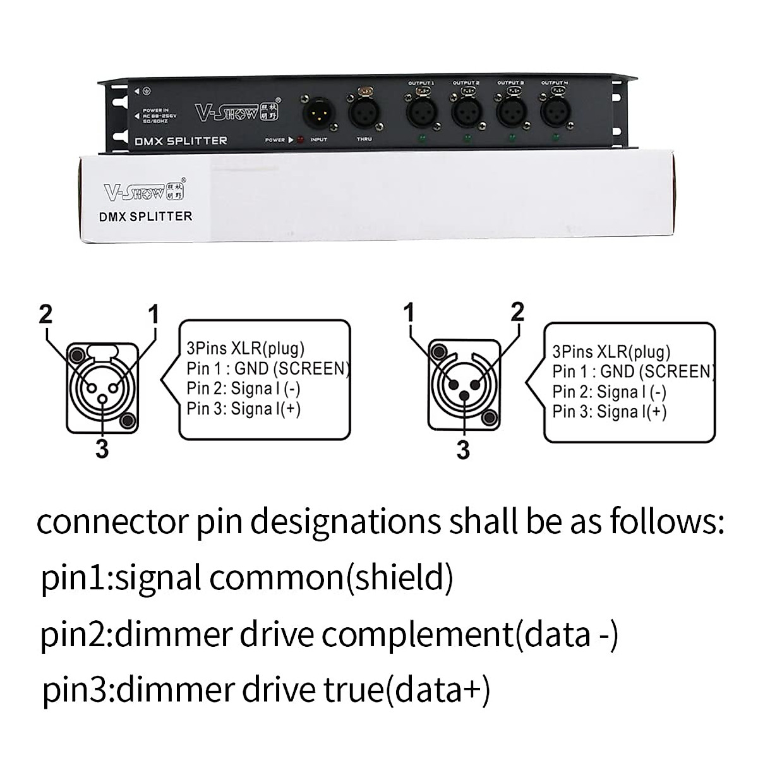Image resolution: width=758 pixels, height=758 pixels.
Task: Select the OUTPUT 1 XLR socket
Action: point(420,112)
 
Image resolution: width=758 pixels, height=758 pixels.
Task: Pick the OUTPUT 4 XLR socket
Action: point(554,112)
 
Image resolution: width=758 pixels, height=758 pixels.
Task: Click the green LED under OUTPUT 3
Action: point(510,138)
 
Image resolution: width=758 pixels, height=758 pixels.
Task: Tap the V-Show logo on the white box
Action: point(142,190)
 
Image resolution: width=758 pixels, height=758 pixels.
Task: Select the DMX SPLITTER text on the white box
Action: point(146,217)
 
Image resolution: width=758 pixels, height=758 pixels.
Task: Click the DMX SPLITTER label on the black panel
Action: point(181,141)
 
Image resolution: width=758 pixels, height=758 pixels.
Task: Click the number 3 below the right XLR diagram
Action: point(463,450)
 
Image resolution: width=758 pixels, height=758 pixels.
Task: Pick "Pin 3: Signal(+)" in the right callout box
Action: point(610,412)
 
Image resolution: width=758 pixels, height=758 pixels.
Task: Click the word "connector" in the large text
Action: point(111,524)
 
